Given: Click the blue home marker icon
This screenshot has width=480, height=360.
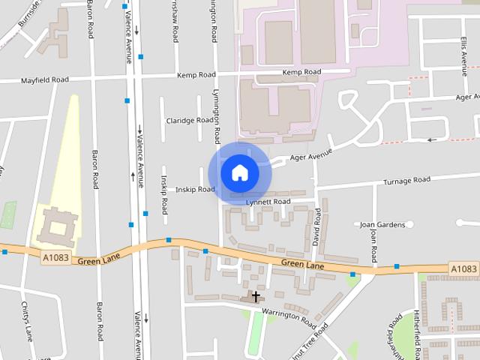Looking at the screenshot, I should tap(239, 172).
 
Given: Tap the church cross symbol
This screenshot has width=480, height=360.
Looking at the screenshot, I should tap(256, 297).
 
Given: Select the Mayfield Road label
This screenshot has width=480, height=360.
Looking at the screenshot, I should tap(44, 79).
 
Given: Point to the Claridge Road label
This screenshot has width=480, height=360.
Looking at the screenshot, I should tap(190, 120).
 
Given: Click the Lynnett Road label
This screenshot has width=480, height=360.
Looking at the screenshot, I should tap(271, 202).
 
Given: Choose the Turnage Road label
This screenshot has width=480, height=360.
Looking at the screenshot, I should tap(406, 181).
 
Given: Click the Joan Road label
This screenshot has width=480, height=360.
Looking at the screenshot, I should tap(373, 241).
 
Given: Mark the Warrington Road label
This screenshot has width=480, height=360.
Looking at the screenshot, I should tap(289, 314).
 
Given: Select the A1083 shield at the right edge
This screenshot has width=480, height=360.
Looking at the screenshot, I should tap(463, 268).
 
